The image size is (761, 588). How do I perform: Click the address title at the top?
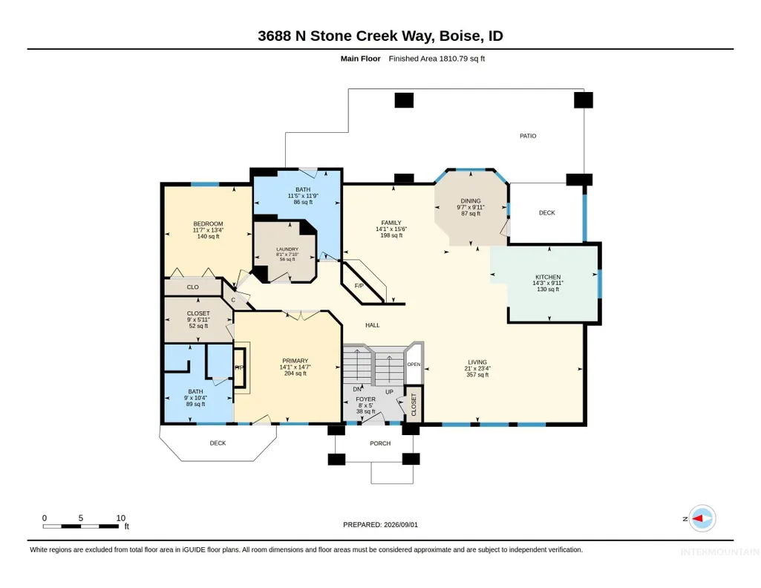[380, 36]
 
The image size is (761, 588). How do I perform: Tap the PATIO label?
[528, 136]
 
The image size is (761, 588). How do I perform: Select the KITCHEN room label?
[548, 277]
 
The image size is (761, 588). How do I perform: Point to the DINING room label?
[471, 201]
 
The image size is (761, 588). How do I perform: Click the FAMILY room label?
[391, 223]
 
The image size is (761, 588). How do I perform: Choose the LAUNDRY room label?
[287, 249]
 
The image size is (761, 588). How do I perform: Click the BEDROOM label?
[208, 223]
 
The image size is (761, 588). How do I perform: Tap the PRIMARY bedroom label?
[295, 361]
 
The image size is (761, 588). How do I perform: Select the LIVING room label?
[477, 362]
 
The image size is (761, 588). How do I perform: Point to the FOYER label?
[365, 399]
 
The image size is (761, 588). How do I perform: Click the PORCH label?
[380, 443]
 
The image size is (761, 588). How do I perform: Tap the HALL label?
[372, 325]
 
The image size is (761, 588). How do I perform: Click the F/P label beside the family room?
[359, 286]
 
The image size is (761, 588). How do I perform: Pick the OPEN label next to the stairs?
[414, 365]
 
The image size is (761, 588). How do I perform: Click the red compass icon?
[702, 518]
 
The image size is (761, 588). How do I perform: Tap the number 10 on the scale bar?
[121, 517]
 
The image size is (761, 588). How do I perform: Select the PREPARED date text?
[380, 524]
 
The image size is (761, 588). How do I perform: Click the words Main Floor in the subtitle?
[360, 59]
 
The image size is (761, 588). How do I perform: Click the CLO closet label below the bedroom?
[193, 287]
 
